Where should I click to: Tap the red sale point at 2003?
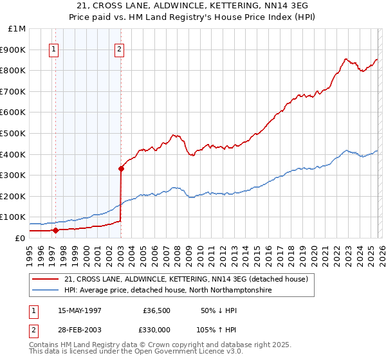pos(121,169)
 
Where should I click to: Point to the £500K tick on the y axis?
pos(15,133)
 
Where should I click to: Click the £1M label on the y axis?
pos(17,29)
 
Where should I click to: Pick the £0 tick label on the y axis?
pos(19,238)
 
